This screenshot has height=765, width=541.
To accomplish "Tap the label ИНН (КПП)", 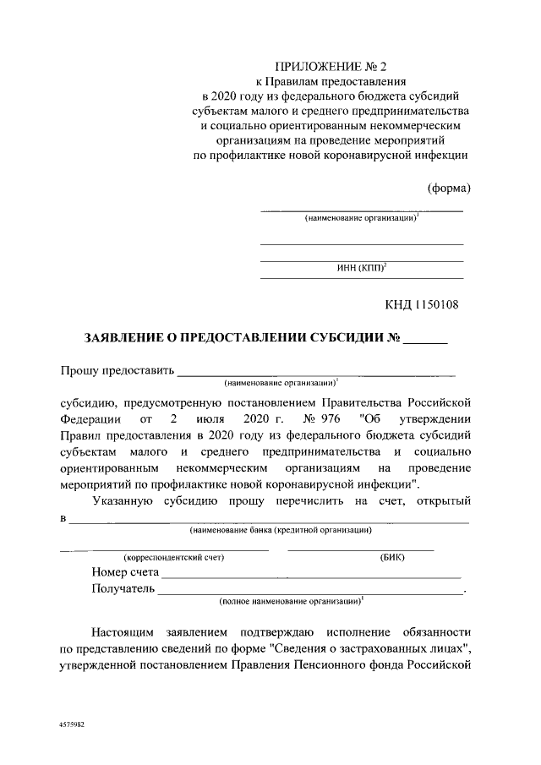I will (x=360, y=269).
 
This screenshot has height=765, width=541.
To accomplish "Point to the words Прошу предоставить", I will (x=117, y=369).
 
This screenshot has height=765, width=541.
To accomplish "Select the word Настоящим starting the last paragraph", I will (x=132, y=632).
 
